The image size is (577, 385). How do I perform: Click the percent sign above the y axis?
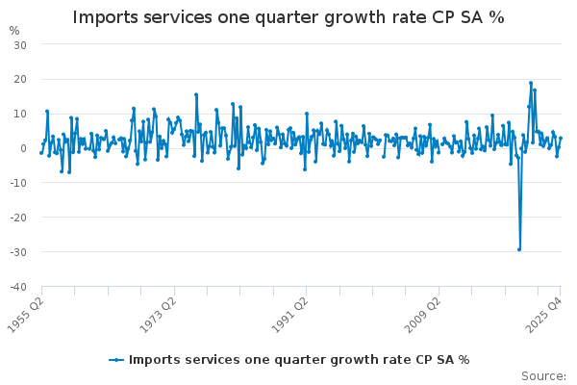tap(13, 30)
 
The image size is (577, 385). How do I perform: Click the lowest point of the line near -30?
tap(519, 249)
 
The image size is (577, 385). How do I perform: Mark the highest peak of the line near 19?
tap(530, 83)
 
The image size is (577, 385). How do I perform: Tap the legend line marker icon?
tap(116, 360)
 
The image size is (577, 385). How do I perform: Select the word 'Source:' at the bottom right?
tap(543, 375)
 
